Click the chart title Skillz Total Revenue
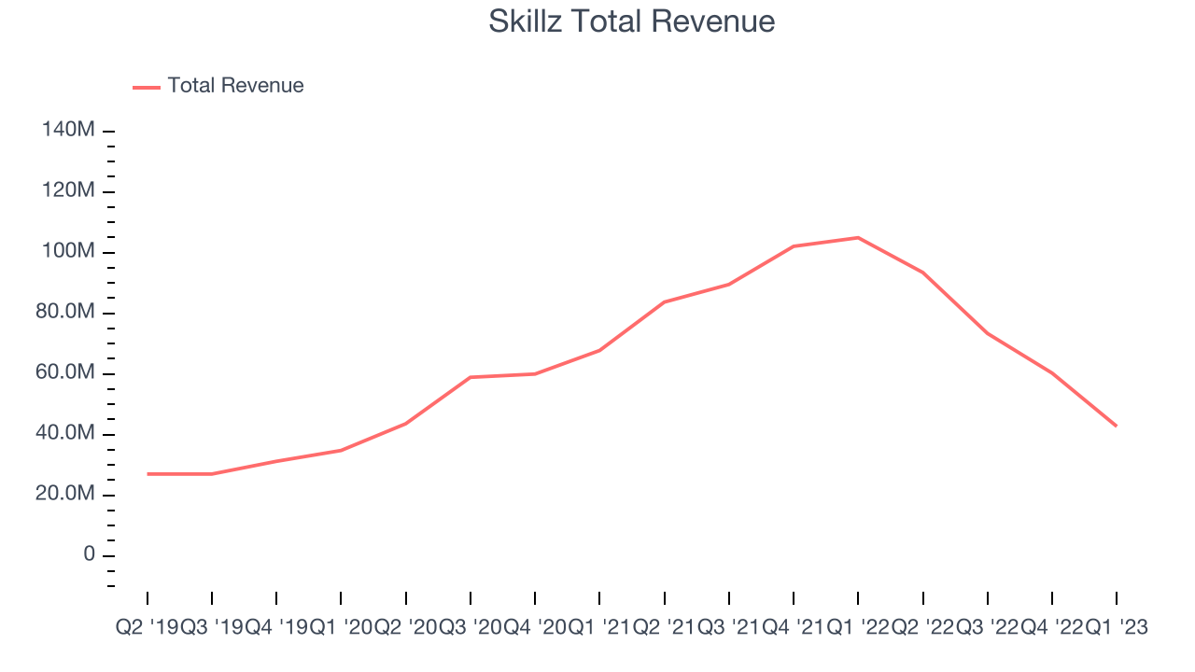point(631,21)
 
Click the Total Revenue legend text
point(235,86)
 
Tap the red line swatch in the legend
point(147,87)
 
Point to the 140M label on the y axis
point(68,131)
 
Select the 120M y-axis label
point(68,191)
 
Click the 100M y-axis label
point(68,252)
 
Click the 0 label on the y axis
point(89,555)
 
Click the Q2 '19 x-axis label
point(147,628)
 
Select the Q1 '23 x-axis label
point(1117,628)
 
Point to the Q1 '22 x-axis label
point(858,628)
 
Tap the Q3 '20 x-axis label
point(471,628)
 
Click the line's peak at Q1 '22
point(858,238)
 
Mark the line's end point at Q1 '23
point(1117,426)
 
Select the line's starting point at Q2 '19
point(148,474)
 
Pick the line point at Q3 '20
point(471,377)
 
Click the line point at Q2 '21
point(664,302)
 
